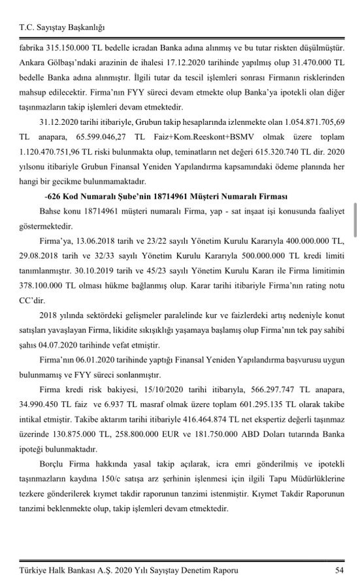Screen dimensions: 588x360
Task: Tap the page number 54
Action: (340, 570)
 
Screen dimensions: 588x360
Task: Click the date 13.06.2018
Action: (101, 240)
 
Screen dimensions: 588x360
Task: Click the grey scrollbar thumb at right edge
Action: (355, 219)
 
